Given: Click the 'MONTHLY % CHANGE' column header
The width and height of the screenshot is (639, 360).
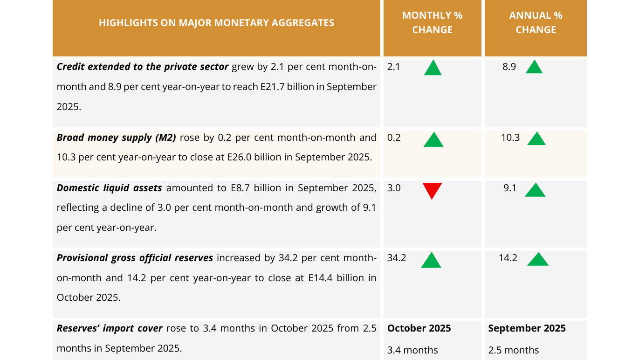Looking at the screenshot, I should click(x=432, y=22).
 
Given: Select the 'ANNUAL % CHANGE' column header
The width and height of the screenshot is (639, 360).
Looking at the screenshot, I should click(x=536, y=22).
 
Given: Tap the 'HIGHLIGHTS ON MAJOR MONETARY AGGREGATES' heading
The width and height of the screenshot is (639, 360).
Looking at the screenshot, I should click(x=216, y=22).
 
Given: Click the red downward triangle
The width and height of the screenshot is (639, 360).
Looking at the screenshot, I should click(x=432, y=190).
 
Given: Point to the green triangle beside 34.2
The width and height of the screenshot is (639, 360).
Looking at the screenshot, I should click(x=431, y=261).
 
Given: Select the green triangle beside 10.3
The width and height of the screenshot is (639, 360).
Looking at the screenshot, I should click(x=536, y=139).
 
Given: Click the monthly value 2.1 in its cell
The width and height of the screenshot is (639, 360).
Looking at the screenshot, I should click(x=394, y=67).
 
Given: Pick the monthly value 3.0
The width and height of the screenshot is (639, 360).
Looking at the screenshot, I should click(x=394, y=188).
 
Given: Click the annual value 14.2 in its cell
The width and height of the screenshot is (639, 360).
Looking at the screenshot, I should click(x=508, y=258).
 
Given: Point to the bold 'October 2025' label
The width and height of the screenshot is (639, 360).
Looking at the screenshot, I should click(x=419, y=328).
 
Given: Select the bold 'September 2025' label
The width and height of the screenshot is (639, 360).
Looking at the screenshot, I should click(x=527, y=328).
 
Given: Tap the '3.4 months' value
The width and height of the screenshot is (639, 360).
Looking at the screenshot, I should click(x=412, y=350).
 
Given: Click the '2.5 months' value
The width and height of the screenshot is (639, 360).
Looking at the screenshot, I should click(x=514, y=350).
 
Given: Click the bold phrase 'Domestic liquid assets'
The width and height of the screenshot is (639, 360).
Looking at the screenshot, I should click(x=110, y=188).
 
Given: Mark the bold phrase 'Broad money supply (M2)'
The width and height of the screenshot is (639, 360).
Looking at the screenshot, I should click(x=117, y=138).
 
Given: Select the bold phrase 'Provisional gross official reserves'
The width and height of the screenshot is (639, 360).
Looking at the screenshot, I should click(x=135, y=258).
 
